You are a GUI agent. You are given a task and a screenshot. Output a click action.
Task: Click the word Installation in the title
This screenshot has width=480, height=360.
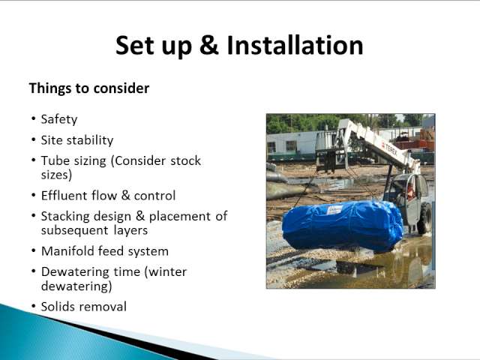[x=295, y=45]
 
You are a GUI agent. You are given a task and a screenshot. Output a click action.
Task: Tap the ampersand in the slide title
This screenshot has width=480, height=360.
[x=209, y=45]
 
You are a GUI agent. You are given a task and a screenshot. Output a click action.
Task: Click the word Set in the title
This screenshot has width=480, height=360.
[x=135, y=45]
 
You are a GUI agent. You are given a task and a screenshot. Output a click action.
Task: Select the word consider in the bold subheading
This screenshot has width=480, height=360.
[x=121, y=88]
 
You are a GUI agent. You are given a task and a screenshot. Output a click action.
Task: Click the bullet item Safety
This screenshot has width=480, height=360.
[x=59, y=119]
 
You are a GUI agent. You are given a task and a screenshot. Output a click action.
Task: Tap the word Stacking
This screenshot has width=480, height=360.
[x=63, y=217]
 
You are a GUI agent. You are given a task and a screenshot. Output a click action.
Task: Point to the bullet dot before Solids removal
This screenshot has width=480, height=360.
[x=33, y=307]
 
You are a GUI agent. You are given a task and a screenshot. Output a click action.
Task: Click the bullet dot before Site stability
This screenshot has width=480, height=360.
[x=33, y=140]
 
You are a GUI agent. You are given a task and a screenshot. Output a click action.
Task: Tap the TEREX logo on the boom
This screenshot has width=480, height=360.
[x=391, y=150]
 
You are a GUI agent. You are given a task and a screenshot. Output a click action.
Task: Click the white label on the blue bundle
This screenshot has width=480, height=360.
[x=334, y=211]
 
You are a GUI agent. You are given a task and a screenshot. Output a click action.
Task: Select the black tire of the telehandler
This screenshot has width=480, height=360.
[x=424, y=217]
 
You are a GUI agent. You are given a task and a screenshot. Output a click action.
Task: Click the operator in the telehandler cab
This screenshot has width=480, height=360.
[x=410, y=190]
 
